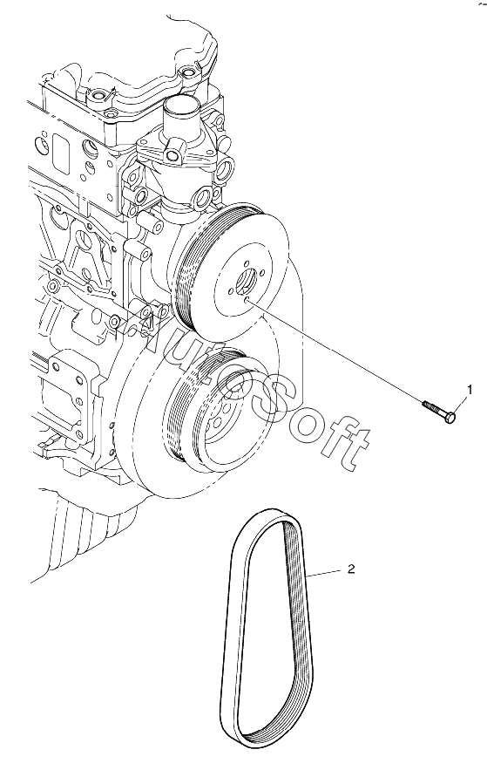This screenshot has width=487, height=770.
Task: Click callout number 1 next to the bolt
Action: coord(470,390)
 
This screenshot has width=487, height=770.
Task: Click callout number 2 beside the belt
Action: coord(350,569)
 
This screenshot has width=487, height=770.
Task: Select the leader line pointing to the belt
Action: coord(324,572)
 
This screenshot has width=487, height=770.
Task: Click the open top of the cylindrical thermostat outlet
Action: coord(181,105)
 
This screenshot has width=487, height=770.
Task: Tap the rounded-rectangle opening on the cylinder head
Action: coord(63,148)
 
